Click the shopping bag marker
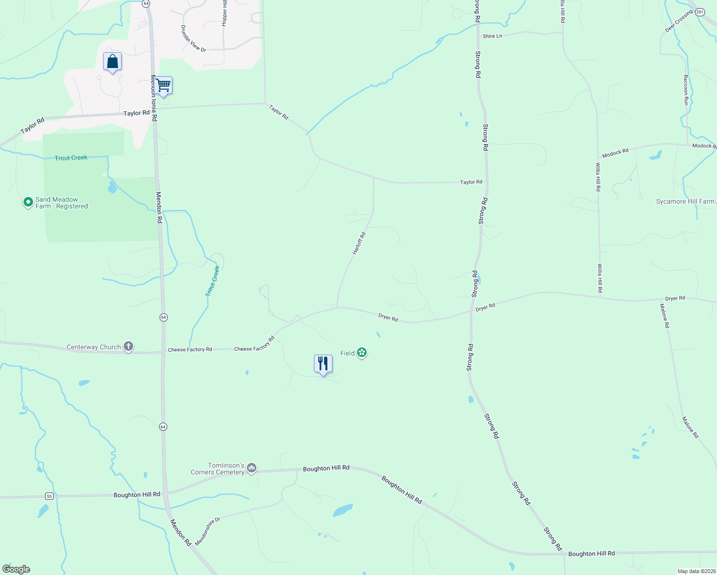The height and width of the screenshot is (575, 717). coord(112,62)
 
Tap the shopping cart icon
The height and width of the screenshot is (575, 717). coord(163,86)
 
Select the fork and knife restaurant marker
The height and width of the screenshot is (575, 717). coord(323,364)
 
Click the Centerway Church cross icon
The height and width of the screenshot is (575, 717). coord(128,346)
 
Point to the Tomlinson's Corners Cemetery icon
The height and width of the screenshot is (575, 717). coord(252,468)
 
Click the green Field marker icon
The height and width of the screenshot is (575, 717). coord(362,353)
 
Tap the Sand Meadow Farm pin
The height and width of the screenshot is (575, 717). coord(28,202)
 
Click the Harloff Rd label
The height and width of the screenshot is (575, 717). coord(359,243)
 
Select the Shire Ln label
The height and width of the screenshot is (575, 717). coord(492,36)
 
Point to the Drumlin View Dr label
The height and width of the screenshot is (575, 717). coord(193,39)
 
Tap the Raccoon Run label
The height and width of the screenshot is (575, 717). coord(685,90)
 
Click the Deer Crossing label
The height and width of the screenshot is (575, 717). coord(679,22)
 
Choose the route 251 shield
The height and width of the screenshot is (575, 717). coord(700,12)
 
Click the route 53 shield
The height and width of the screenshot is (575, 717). coord(49,496)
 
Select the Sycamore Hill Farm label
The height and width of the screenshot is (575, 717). coord(685,202)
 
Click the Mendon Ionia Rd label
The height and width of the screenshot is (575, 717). coord(154,98)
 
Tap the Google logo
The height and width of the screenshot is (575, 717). coord(16,569)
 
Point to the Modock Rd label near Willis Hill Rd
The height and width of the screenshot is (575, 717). coord(615,153)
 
